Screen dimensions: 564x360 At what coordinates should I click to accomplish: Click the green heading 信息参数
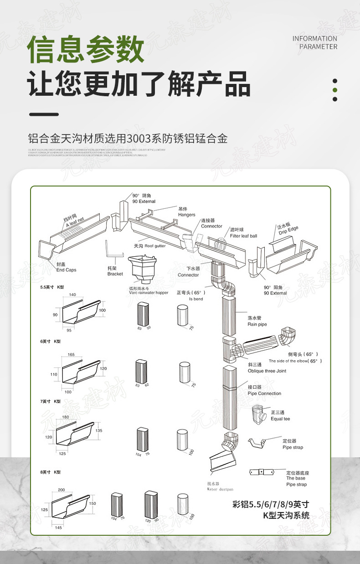coord(86,50)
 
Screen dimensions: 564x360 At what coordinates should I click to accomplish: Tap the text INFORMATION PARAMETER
coord(315,42)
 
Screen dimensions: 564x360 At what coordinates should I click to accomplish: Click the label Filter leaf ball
coord(243,236)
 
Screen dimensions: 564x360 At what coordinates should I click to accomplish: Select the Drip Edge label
coord(288,230)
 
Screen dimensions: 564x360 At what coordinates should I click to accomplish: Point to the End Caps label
coord(66,270)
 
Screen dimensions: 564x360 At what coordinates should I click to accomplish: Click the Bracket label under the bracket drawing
coord(115,274)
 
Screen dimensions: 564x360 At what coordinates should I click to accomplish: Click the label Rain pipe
coord(257,325)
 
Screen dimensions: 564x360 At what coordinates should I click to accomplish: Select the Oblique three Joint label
coord(267,371)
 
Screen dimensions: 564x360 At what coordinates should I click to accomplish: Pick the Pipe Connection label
coord(264,393)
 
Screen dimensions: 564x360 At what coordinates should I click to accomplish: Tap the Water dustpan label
coord(220,489)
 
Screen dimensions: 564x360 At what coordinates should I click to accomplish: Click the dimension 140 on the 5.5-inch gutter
coord(72,295)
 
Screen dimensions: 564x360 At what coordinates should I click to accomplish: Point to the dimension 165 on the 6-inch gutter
coord(71,354)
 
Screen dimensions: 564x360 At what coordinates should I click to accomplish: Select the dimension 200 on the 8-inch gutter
coord(62,490)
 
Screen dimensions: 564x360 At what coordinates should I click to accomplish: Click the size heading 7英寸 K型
coord(50,401)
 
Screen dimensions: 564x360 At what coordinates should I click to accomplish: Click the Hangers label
coord(186,215)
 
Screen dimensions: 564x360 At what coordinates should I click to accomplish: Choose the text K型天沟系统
coord(286,516)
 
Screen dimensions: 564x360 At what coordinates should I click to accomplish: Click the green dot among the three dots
coord(335,90)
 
